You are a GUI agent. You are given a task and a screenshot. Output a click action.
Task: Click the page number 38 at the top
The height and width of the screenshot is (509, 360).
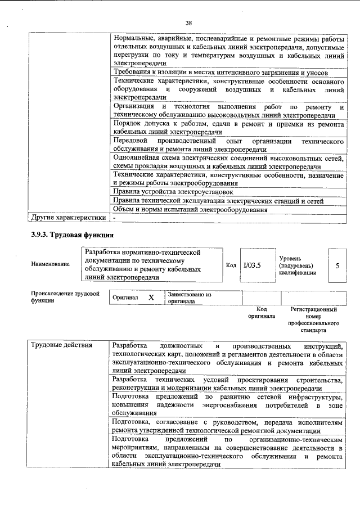pyautogui.click(x=188, y=22)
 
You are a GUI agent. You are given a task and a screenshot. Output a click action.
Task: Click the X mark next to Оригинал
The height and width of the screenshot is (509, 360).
pyautogui.click(x=151, y=298)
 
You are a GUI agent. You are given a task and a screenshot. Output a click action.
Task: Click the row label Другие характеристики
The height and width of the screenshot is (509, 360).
pyautogui.click(x=68, y=217)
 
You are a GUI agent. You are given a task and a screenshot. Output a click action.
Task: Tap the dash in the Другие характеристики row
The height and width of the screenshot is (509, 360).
pyautogui.click(x=114, y=217)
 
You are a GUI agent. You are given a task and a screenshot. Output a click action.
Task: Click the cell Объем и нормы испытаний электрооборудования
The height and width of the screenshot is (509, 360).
pyautogui.click(x=190, y=209)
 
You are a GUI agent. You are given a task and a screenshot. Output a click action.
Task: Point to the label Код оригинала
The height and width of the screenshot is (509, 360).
pyautogui.click(x=261, y=313)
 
